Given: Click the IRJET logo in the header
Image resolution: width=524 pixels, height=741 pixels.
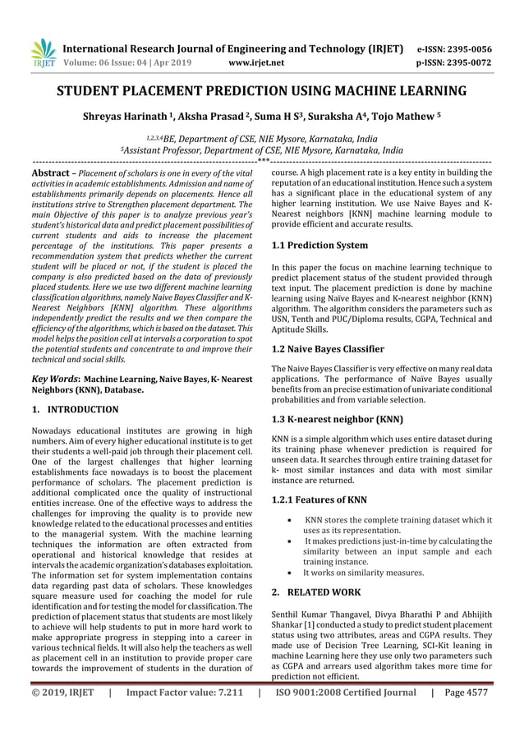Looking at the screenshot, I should tap(42, 53).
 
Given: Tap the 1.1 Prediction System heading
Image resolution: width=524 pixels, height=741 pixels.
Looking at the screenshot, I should tap(319, 246).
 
